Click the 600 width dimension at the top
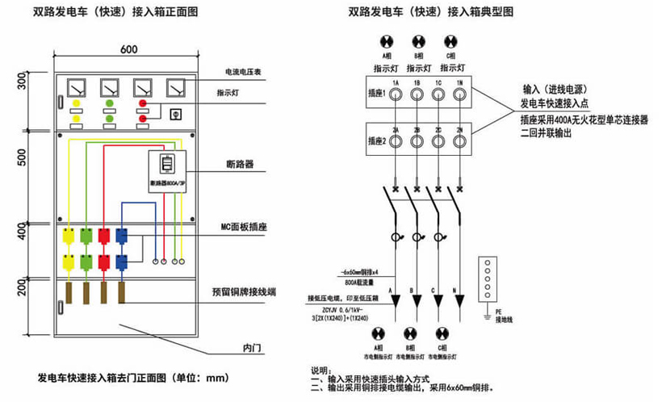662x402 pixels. tap(128, 48)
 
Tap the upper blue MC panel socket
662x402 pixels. tap(122, 236)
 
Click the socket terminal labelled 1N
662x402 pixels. tap(459, 94)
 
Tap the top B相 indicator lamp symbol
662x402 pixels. tap(418, 42)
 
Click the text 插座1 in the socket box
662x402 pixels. tap(375, 94)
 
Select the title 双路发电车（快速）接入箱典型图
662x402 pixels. tap(430, 13)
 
